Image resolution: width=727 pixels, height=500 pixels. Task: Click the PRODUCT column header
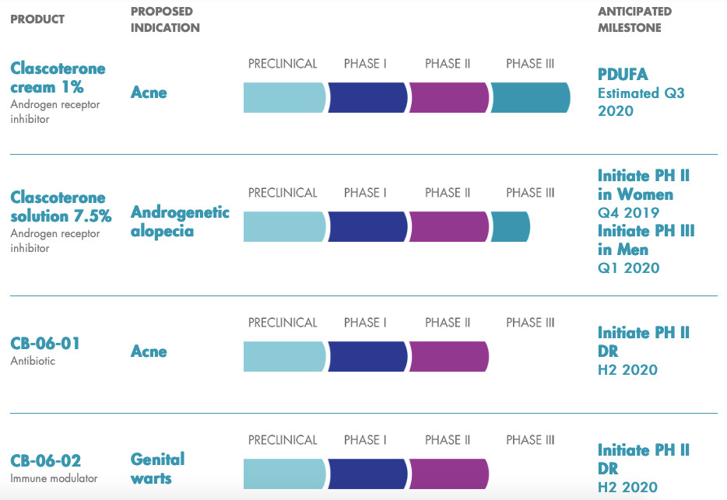pos(37,19)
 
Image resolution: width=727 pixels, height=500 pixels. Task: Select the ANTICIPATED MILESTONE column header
pos(634,19)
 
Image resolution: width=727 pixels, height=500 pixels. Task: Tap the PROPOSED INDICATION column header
pos(165,19)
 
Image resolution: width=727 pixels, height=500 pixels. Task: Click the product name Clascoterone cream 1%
pos(58,78)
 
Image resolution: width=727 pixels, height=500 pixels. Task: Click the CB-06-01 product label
pos(45,343)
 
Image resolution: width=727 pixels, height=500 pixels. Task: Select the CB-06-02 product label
pos(45,460)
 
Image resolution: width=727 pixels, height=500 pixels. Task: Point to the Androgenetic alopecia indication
pos(180,222)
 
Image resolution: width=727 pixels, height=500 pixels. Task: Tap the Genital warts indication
pos(158,468)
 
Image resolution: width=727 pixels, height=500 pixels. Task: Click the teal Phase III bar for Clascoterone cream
pos(530,97)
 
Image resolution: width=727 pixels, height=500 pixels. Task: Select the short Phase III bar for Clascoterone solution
pos(510,226)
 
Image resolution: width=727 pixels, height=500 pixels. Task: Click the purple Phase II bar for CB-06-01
pos(448,356)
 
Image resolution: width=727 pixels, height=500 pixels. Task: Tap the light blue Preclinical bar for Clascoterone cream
pos(284,97)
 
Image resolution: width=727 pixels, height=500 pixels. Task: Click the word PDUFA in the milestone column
pos(623,74)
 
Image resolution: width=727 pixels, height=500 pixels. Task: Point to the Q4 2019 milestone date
pos(628,212)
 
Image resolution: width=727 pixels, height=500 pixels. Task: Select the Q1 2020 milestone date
pos(628,267)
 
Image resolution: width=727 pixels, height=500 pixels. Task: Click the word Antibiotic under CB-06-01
pos(33,361)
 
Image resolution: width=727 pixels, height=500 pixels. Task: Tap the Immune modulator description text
pos(54,478)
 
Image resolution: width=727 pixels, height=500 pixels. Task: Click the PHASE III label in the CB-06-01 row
pos(530,323)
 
